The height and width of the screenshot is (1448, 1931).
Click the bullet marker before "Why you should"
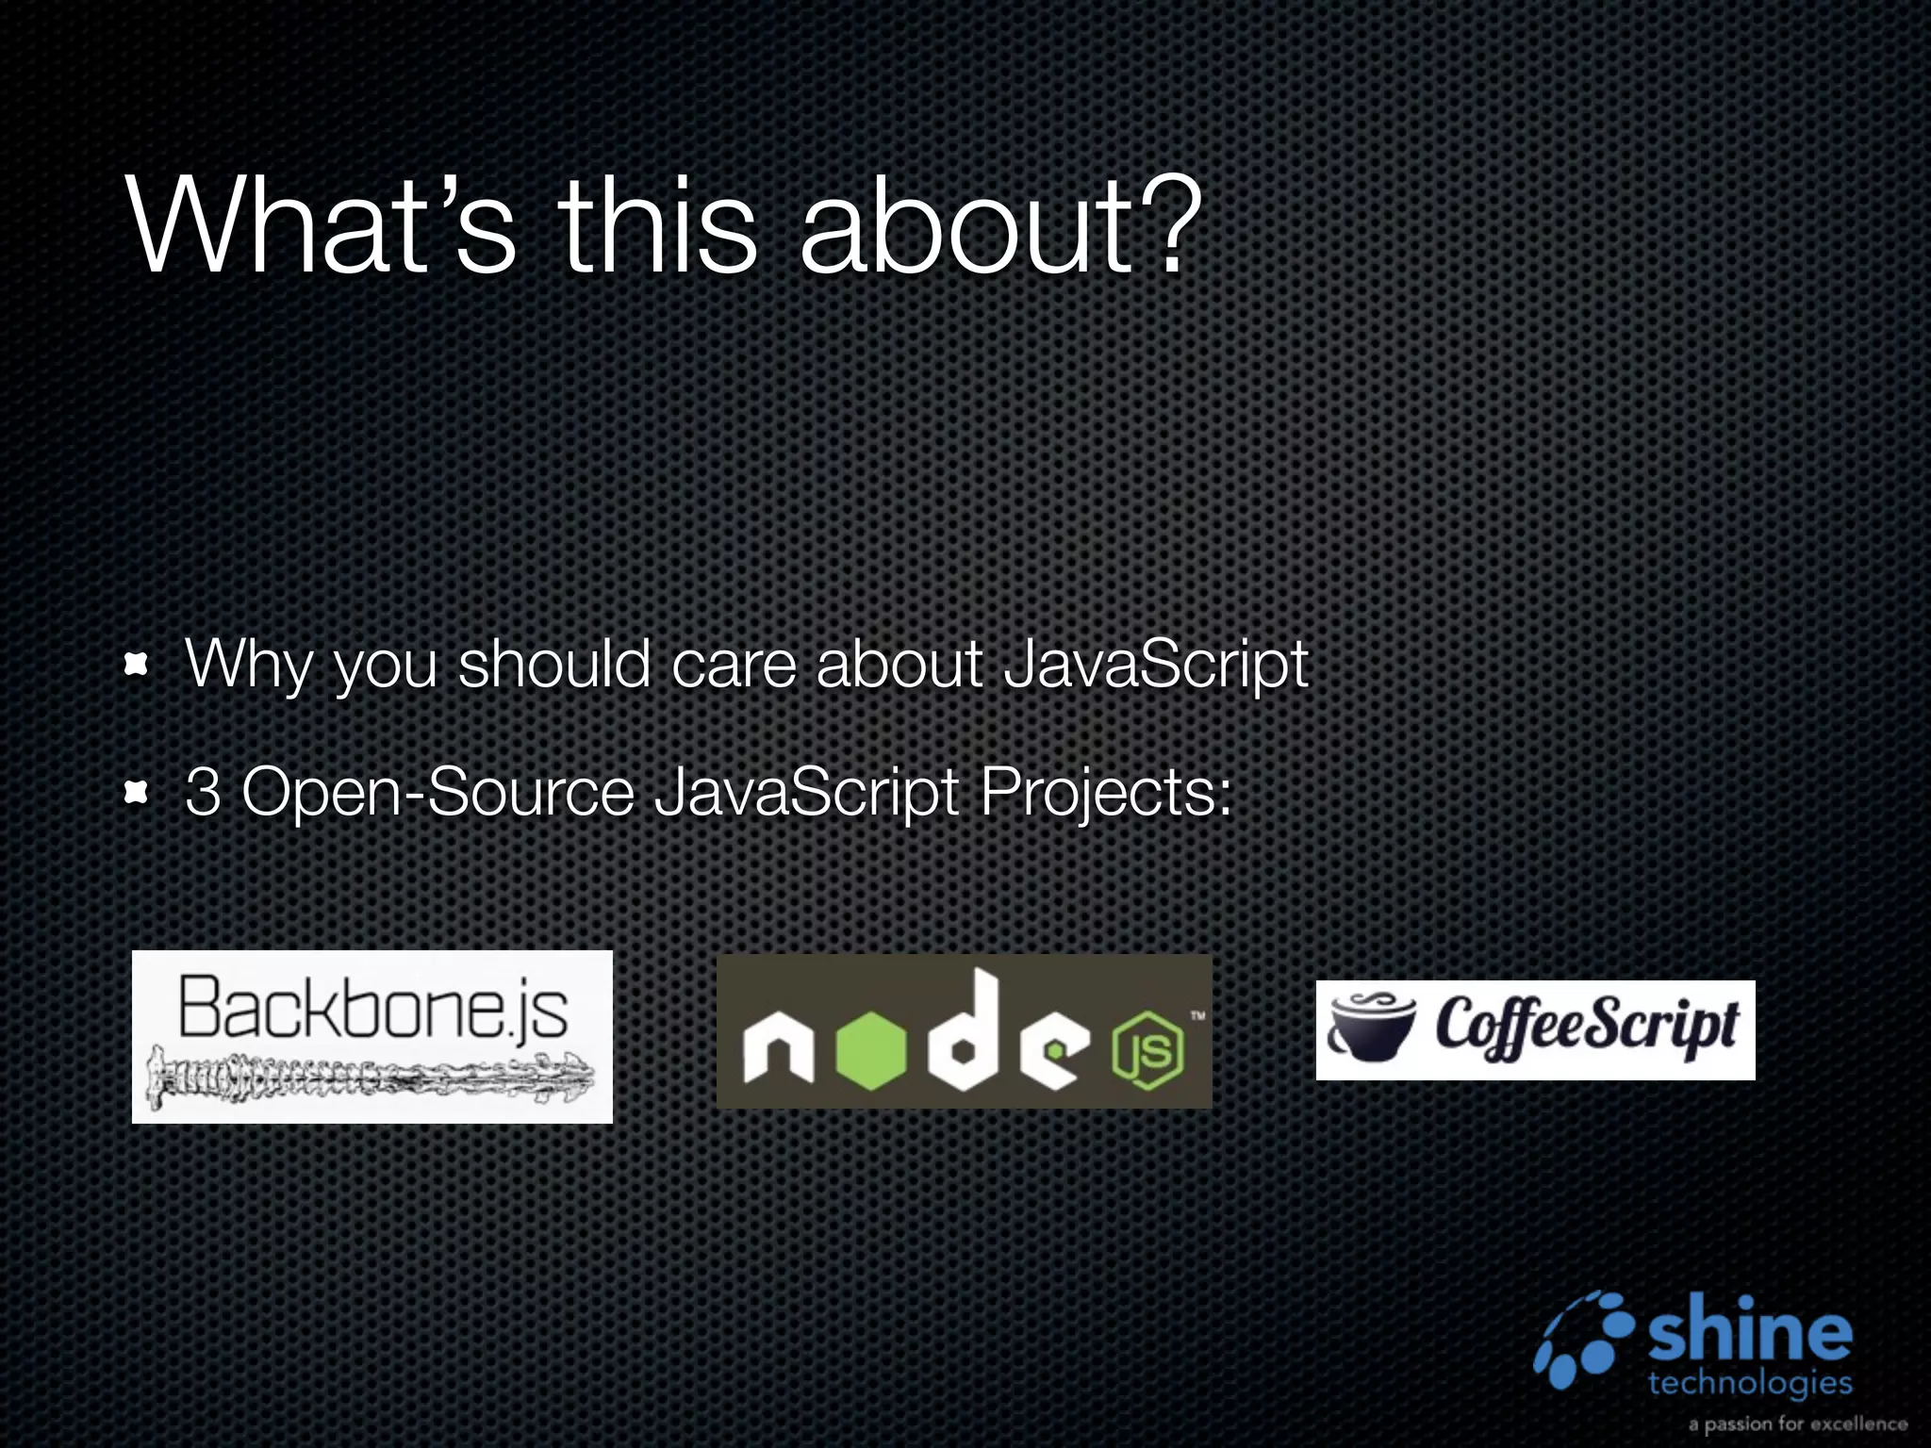(x=137, y=666)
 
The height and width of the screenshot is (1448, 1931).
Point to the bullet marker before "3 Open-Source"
(x=137, y=794)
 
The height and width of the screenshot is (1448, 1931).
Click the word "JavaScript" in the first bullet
(x=1156, y=666)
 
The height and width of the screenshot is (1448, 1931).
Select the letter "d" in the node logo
(x=962, y=1032)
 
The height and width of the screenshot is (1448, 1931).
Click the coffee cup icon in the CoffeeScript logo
(x=1371, y=1028)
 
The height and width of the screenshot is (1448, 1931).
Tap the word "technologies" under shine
(x=1750, y=1383)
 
